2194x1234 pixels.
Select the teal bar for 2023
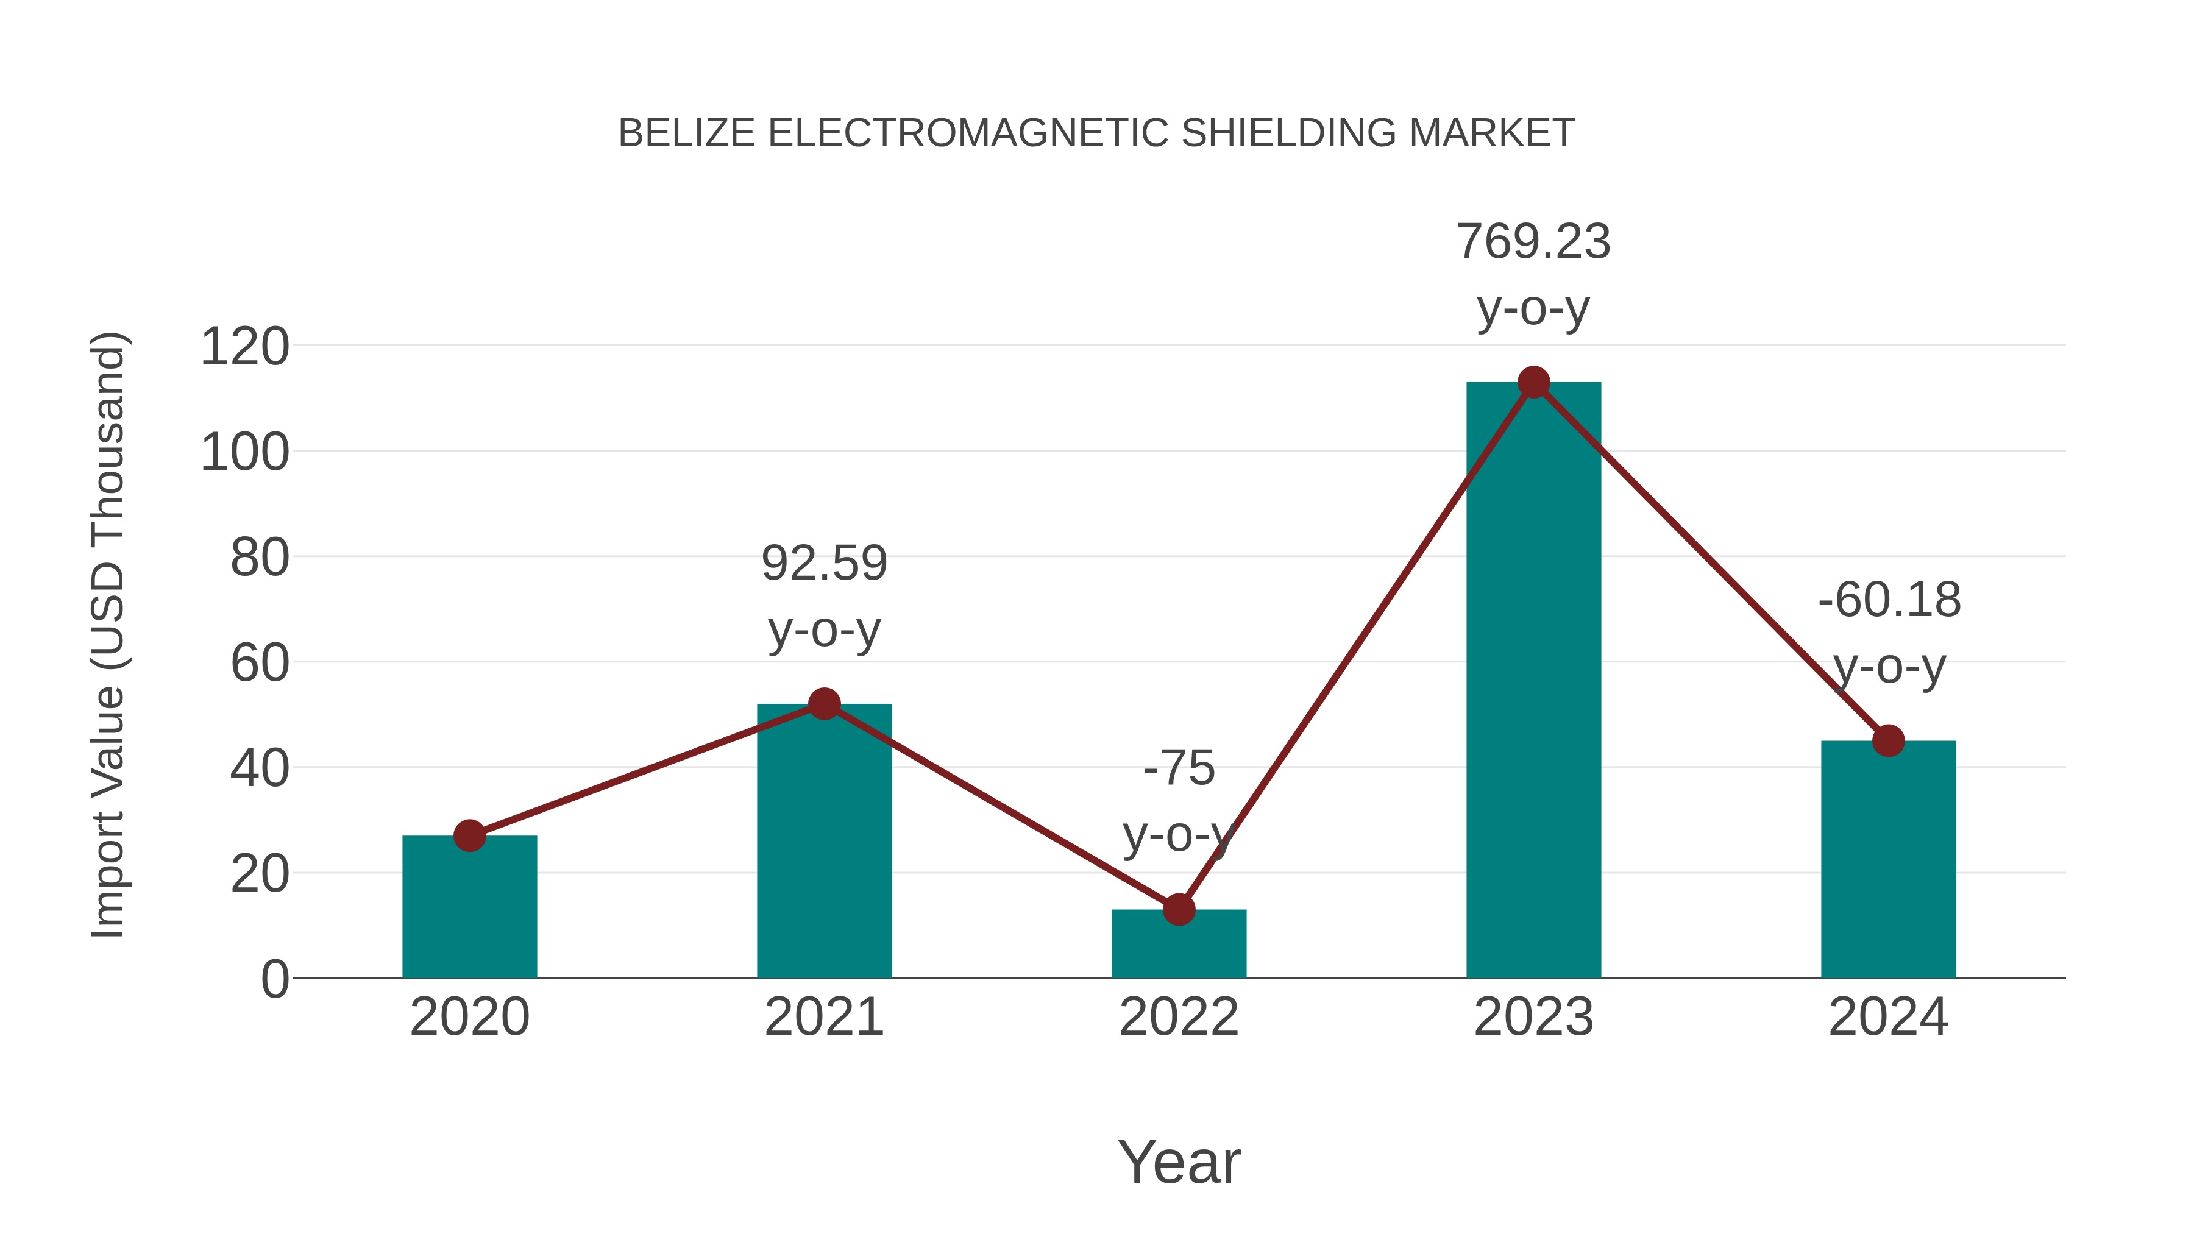(x=1533, y=681)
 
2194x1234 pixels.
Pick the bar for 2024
(x=1888, y=860)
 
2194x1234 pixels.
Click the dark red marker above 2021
(x=823, y=703)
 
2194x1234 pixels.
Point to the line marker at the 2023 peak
(x=1533, y=382)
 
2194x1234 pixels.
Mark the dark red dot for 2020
(x=469, y=835)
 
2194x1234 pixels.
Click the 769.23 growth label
(x=1533, y=242)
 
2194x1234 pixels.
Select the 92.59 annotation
(x=823, y=564)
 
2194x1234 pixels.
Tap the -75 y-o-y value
(x=1179, y=769)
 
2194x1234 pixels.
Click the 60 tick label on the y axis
(x=260, y=664)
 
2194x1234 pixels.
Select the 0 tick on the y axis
(x=274, y=979)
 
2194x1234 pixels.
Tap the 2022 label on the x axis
(x=1179, y=1018)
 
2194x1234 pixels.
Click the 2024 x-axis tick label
(x=1888, y=1018)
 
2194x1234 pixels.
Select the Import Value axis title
(x=109, y=634)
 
